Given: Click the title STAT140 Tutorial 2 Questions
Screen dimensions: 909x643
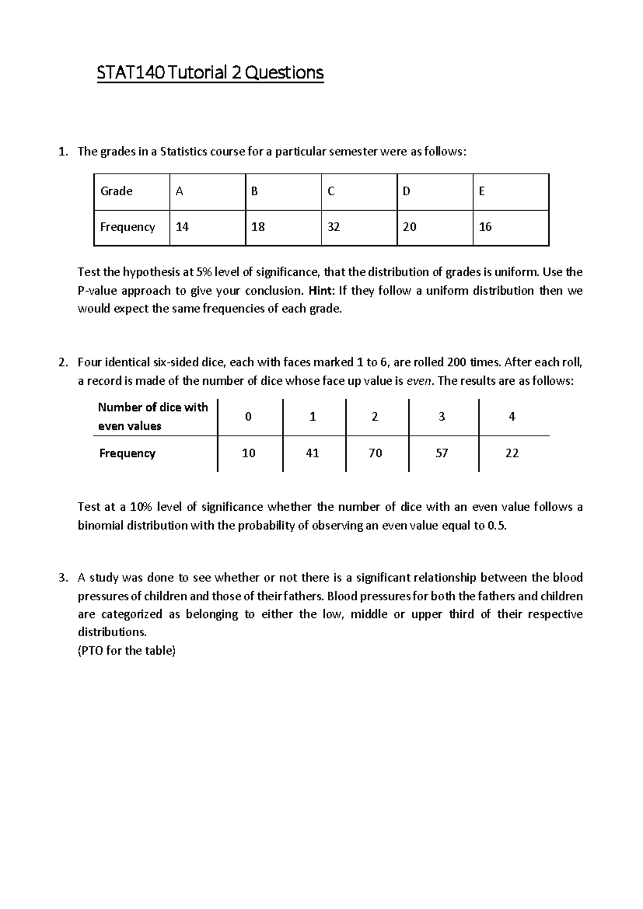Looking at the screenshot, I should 210,72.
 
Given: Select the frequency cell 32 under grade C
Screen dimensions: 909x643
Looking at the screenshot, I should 333,227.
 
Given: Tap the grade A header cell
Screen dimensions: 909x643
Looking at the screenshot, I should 180,191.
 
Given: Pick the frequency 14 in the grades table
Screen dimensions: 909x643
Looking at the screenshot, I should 182,227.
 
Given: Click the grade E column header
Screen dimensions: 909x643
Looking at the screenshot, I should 482,191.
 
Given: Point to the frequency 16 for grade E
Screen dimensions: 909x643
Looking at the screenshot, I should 485,227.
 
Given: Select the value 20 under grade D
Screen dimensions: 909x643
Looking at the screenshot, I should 409,227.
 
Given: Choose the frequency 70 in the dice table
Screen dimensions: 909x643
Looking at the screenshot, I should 375,453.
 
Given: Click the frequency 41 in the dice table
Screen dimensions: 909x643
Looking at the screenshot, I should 312,453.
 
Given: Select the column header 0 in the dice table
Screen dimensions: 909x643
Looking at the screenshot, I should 248,417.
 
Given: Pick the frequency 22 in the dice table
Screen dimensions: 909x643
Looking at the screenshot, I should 512,453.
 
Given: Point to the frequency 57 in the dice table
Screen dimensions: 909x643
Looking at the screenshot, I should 442,453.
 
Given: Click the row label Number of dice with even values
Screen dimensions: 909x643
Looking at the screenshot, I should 152,416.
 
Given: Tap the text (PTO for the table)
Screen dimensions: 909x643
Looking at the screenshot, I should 126,651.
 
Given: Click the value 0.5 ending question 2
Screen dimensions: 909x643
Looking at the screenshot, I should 496,525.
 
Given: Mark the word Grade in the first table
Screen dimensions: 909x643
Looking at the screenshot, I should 116,191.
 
